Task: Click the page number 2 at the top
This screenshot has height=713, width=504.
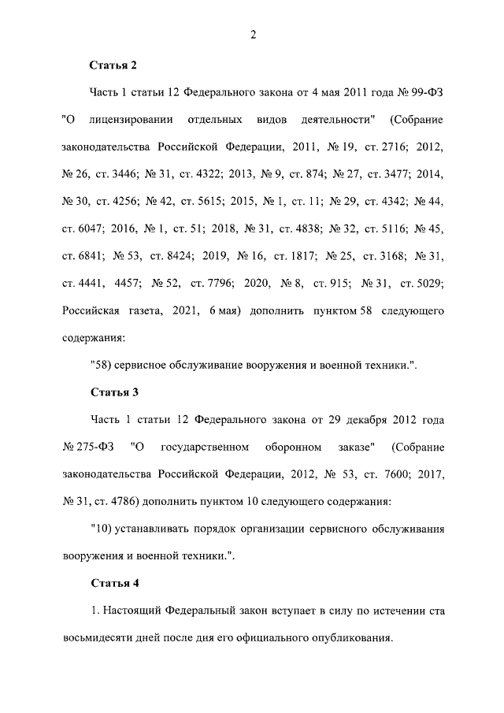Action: tap(253, 33)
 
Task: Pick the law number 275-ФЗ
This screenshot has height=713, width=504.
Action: tap(88, 447)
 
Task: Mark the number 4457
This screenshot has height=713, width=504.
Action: tap(128, 283)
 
